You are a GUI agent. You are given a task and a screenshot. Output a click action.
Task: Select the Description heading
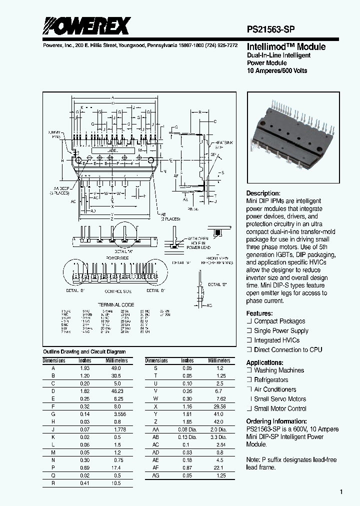[263, 193]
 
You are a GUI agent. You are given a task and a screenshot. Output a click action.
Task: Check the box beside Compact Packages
[249, 321]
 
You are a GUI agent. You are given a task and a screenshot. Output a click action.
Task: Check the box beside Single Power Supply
[249, 331]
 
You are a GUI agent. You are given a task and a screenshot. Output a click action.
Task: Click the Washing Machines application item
[278, 370]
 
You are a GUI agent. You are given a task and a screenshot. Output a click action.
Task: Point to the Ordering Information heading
[276, 421]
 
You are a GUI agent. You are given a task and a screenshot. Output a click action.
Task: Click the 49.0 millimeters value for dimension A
[115, 367]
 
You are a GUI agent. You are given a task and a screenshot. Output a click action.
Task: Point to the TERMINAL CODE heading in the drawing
[115, 304]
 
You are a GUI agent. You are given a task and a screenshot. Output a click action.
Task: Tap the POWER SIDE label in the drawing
[117, 257]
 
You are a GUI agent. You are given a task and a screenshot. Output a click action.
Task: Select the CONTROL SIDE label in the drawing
[118, 290]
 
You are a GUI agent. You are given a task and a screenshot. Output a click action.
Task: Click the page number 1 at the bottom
[341, 492]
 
